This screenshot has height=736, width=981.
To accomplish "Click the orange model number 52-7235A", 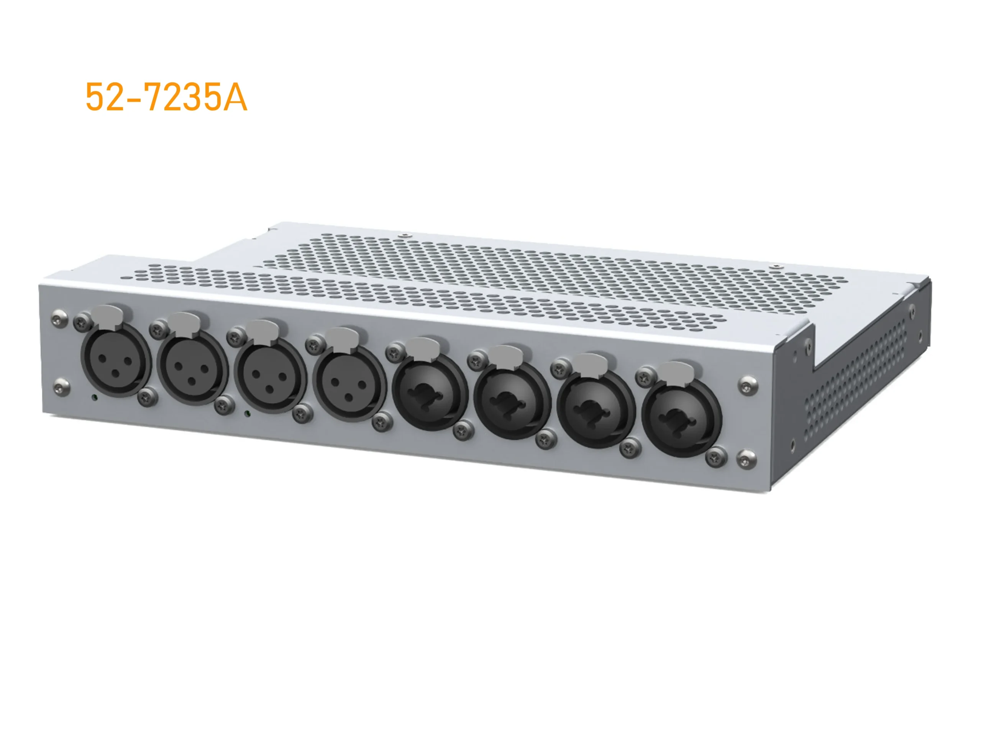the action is tap(166, 97).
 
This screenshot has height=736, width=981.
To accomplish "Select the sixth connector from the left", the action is tap(512, 401).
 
